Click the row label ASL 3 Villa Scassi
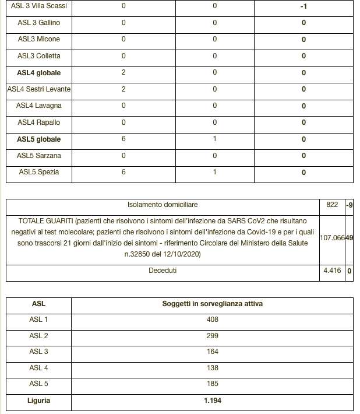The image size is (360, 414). point(39,6)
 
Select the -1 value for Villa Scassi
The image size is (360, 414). point(303,6)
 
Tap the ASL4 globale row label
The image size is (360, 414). point(39,73)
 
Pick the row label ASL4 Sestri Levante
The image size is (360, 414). point(39,89)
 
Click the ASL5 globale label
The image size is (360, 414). point(39,139)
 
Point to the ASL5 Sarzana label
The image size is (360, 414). point(39,156)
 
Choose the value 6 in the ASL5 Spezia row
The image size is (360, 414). point(123,173)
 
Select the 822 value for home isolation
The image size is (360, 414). point(331,205)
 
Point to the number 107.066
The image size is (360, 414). point(332,238)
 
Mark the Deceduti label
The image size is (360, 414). point(163,271)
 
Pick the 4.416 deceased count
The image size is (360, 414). point(331,271)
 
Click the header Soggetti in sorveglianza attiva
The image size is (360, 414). point(211,304)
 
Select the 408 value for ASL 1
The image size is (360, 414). point(212,320)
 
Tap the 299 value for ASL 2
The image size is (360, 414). point(212,336)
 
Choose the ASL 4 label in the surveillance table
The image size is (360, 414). point(38,368)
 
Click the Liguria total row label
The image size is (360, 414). point(38,401)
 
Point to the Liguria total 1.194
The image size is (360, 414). point(212,401)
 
